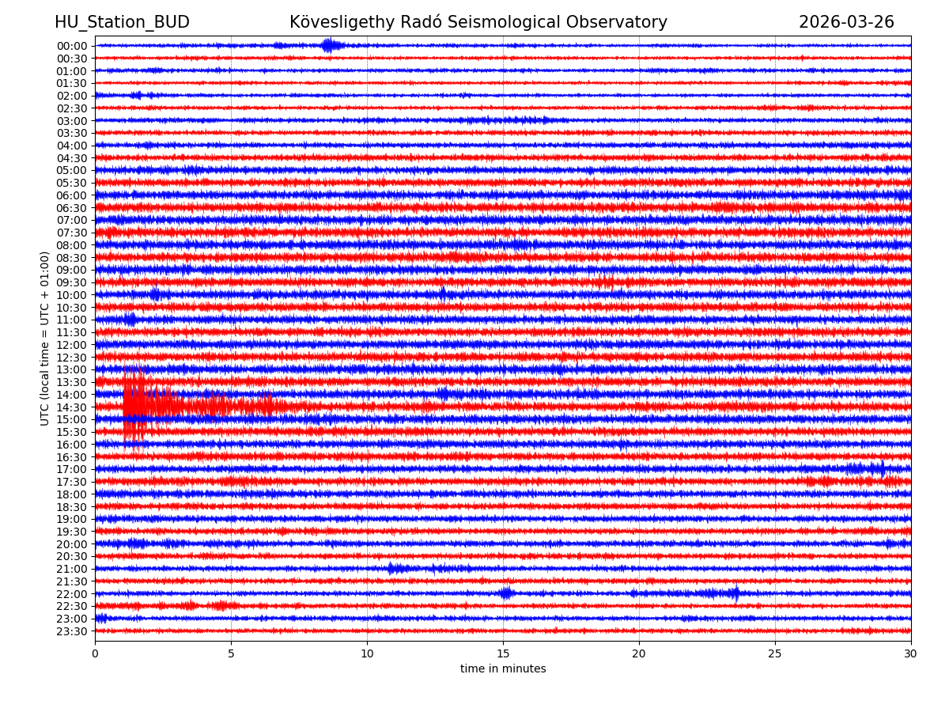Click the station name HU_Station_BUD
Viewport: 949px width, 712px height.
click(x=122, y=22)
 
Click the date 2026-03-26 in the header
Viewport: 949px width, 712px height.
click(x=846, y=22)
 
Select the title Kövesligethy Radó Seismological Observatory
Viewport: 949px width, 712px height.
click(x=478, y=22)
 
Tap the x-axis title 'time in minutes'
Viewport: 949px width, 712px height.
click(x=503, y=669)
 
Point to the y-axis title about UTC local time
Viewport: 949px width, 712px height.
click(x=45, y=338)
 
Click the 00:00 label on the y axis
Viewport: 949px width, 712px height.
click(x=72, y=46)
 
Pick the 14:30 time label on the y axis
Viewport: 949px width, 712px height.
click(x=72, y=407)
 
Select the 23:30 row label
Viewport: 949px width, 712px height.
click(x=72, y=631)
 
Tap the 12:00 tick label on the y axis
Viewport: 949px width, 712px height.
click(x=72, y=345)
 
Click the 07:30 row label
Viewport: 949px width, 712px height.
click(x=72, y=233)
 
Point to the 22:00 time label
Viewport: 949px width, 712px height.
click(x=72, y=594)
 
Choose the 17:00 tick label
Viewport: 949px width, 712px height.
click(x=72, y=469)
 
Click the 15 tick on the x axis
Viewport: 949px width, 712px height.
click(x=503, y=653)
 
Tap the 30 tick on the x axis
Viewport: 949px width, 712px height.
click(x=911, y=653)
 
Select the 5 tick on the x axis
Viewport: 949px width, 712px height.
click(x=231, y=653)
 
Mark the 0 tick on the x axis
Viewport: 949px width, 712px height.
click(x=95, y=653)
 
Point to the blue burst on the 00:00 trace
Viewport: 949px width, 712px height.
click(x=330, y=45)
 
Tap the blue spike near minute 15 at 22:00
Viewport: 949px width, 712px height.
click(x=506, y=593)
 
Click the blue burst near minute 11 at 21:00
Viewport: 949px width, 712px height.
click(x=395, y=568)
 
